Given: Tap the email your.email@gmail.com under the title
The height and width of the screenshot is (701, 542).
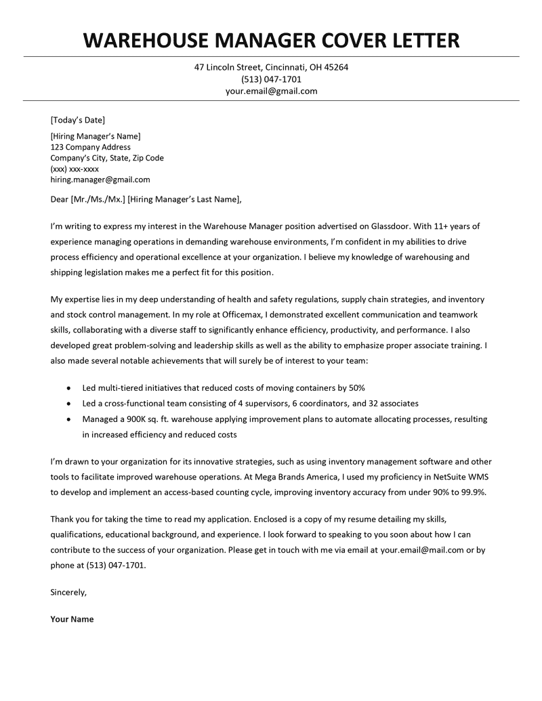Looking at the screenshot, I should pos(271,91).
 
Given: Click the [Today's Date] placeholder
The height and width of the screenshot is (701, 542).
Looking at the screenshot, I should pos(78,120).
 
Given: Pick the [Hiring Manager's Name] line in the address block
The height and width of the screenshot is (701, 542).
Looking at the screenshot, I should pos(96,136).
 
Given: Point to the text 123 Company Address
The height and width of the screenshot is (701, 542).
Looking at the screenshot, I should pos(91,147).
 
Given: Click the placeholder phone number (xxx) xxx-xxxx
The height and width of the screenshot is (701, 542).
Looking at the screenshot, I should pos(75,169).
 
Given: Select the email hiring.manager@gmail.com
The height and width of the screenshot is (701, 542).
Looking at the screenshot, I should pos(100,179).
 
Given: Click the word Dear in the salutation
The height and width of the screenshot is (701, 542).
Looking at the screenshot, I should pos(60,199).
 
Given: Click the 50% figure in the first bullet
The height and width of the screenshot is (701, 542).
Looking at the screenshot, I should pos(356,387).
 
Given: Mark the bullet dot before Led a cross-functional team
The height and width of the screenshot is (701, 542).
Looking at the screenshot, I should pos(70,403).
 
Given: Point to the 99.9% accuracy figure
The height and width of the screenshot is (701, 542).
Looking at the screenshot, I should pos(472,492).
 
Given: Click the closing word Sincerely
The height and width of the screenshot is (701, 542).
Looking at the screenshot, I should pos(68,592).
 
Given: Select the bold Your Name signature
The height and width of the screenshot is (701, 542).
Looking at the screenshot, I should pos(72,619).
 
